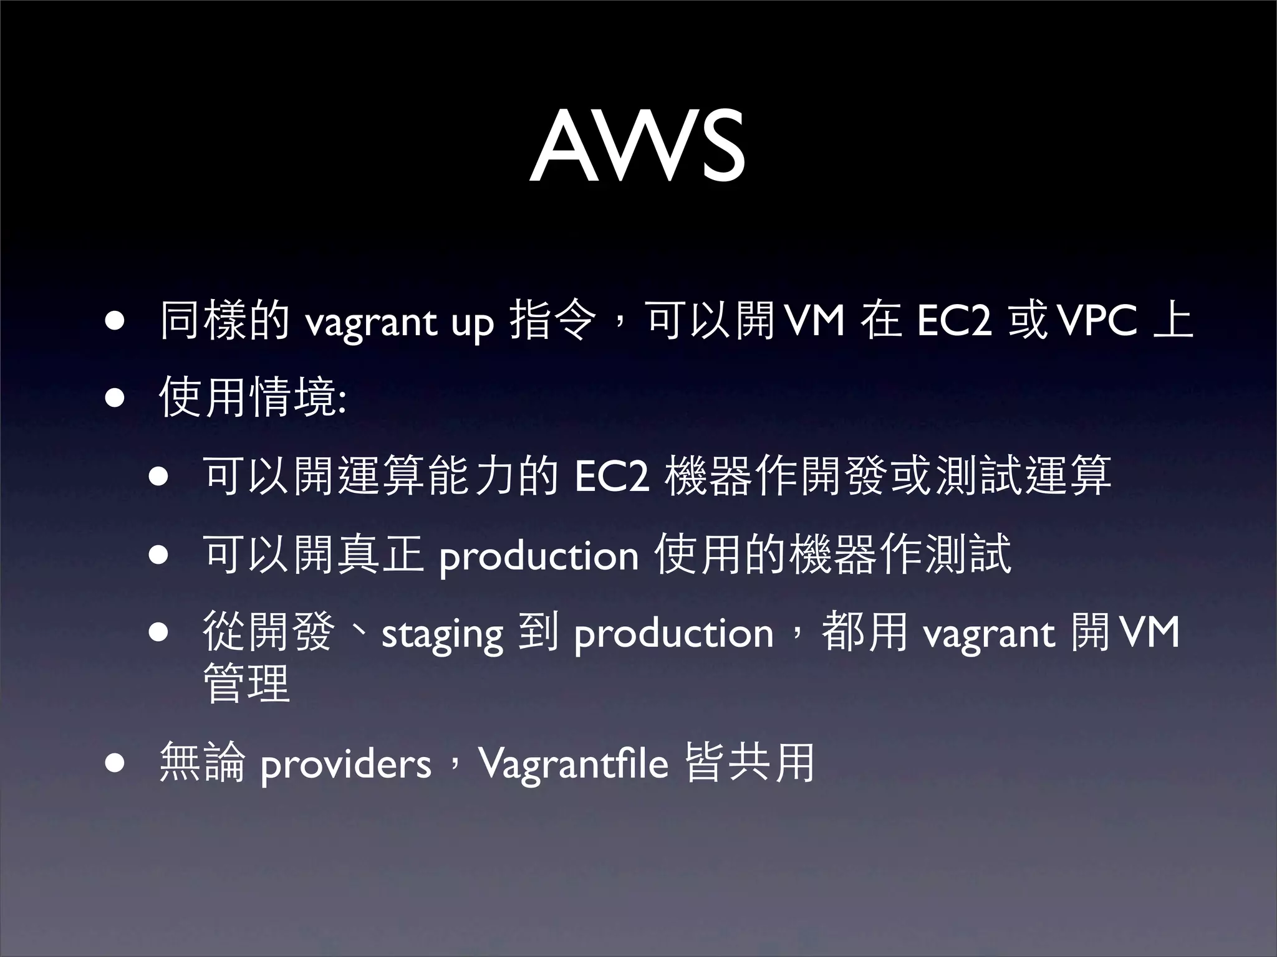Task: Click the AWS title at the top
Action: [x=637, y=147]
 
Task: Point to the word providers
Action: [x=345, y=764]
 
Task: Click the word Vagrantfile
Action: [x=573, y=764]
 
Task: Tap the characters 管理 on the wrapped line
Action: [x=247, y=683]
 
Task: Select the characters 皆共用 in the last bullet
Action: [x=749, y=762]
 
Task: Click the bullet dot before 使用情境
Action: [x=114, y=398]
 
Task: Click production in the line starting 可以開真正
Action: [x=539, y=556]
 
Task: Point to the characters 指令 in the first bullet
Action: [x=552, y=321]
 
